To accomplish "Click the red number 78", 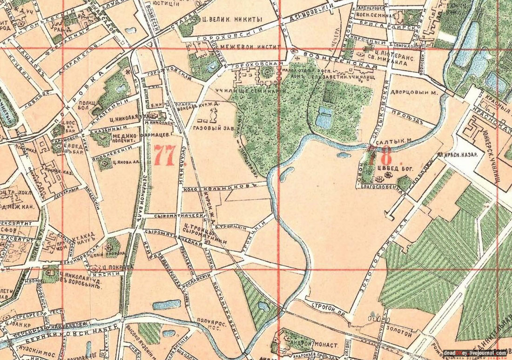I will click(379, 154).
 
